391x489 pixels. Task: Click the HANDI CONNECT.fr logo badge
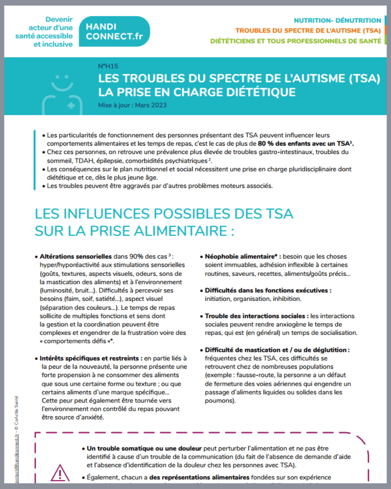click(114, 32)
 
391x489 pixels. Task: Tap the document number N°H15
click(108, 66)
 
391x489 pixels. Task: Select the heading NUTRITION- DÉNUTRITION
click(337, 21)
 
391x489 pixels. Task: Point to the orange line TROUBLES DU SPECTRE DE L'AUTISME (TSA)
click(308, 31)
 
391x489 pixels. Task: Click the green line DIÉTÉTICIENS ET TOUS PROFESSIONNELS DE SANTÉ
click(295, 41)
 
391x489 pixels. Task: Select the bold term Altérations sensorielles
click(76, 256)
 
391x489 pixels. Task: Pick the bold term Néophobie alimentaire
click(239, 256)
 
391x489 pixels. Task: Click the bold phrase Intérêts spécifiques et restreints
click(89, 358)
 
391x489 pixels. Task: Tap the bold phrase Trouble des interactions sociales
click(255, 316)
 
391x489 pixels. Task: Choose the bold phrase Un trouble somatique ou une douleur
click(144, 448)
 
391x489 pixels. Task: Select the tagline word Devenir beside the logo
click(59, 20)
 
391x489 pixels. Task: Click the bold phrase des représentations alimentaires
click(199, 477)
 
